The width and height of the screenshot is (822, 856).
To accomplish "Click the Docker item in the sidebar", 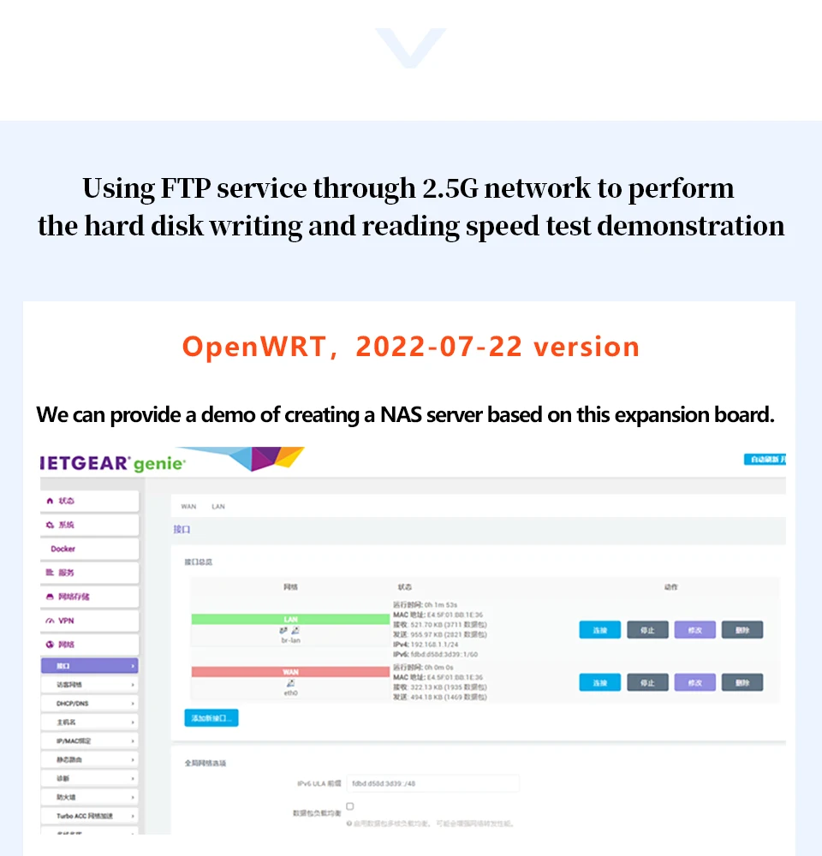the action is pos(63,549).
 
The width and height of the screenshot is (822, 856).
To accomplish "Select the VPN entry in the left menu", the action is pos(66,621).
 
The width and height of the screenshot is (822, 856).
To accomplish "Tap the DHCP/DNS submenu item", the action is pos(72,704).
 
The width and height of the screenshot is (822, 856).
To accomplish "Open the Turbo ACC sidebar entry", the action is pos(85,817).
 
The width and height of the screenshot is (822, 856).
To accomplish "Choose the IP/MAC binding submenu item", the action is pos(74,741).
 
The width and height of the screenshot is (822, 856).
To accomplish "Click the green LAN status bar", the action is pos(290,619).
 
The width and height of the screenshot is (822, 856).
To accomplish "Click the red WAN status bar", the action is pos(290,672).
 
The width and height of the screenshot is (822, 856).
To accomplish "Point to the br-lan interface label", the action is pos(290,640).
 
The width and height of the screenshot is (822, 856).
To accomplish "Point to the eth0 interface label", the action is pos(290,693).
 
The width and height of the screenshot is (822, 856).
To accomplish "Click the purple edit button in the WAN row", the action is pos(694,682).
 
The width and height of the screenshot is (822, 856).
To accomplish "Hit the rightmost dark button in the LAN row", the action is pos(742,630).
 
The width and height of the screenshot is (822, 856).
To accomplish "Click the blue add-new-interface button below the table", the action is pos(211,718).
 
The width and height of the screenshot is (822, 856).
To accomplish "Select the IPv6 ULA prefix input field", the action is pos(433,782).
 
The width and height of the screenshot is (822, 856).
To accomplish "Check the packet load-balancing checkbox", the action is pos(350,806).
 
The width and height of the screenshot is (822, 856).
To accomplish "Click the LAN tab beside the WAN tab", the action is pos(218,507).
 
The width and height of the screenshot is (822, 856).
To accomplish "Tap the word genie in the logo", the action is pos(158,465).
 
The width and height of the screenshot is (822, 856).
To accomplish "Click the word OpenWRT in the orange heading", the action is pos(253,347).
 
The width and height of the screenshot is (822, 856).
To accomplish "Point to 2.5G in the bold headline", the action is pos(451,188).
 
